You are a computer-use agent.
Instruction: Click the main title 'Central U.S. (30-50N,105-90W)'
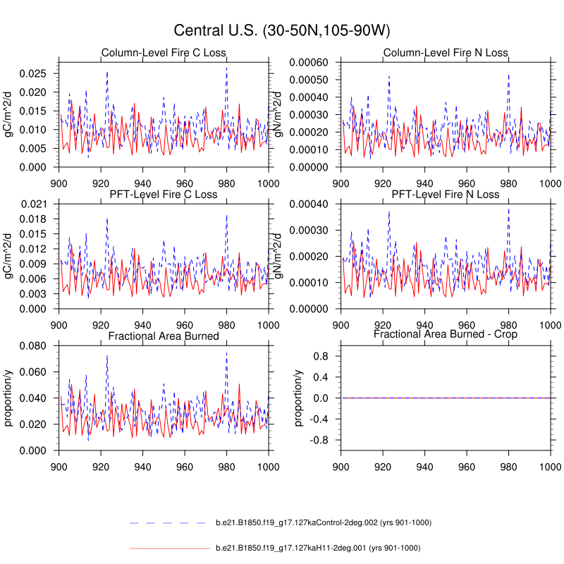tap(282, 31)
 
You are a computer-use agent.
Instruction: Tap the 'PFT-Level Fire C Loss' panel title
tap(164, 194)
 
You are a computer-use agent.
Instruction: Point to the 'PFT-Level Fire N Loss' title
tap(446, 194)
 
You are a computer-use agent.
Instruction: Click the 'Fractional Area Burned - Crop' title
tap(446, 334)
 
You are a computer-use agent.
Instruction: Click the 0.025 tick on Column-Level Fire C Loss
tap(32, 73)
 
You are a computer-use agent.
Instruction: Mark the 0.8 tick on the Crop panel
tap(324, 357)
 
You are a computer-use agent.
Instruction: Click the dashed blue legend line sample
tap(169, 522)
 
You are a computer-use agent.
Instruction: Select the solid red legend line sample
tap(169, 548)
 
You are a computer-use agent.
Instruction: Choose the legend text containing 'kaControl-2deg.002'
tap(324, 522)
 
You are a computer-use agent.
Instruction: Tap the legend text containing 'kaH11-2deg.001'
tap(318, 548)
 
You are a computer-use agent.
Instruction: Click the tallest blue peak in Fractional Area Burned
tap(107, 356)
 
